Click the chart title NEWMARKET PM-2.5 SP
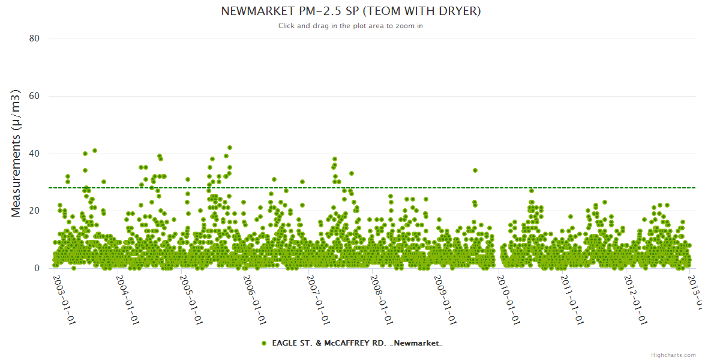click(x=351, y=11)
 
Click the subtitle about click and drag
click(x=351, y=26)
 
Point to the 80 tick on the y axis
click(x=34, y=38)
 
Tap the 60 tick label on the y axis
click(x=34, y=96)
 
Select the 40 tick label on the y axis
click(x=34, y=154)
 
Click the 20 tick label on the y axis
click(x=34, y=211)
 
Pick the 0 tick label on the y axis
click(x=37, y=268)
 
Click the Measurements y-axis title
click(x=17, y=153)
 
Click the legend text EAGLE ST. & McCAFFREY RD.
click(x=357, y=343)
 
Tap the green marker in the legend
click(x=264, y=343)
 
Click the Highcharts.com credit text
click(x=673, y=355)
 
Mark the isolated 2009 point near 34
click(x=475, y=170)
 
